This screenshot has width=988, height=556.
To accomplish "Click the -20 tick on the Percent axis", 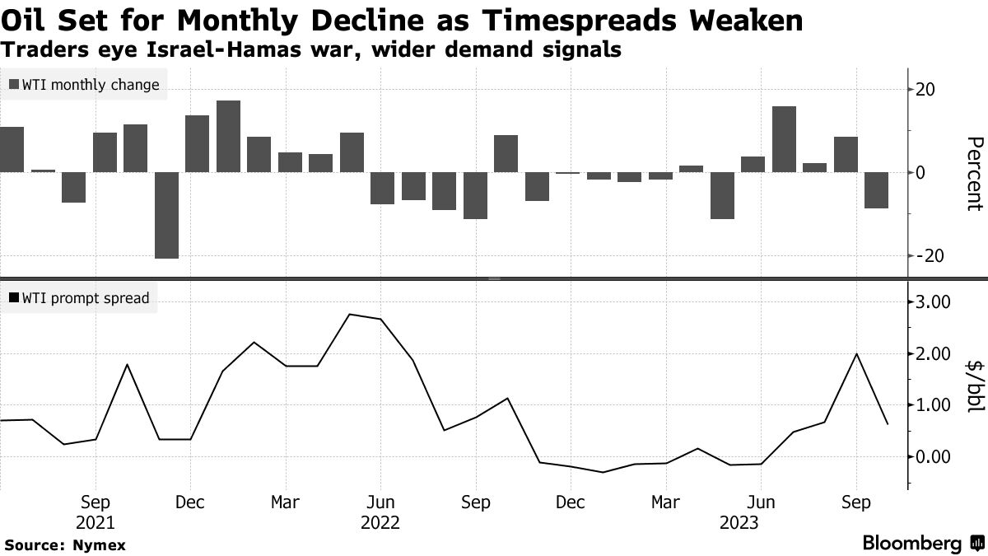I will pos(930,256).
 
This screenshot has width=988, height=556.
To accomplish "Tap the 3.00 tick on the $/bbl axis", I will pos(934,302).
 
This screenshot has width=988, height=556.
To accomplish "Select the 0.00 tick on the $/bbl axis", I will pos(934,456).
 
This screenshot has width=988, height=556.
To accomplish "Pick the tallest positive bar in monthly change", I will pos(228,136).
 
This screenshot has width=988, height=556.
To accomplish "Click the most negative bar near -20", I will pos(166,215).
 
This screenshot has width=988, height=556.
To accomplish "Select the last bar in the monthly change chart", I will pos(876,190).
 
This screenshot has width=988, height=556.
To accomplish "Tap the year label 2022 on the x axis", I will pos(380,523).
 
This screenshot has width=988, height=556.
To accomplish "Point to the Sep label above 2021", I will pos(96,502).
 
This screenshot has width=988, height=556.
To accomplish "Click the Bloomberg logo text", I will pos(912,544).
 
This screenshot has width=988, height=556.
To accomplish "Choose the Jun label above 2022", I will pos(380,502).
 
